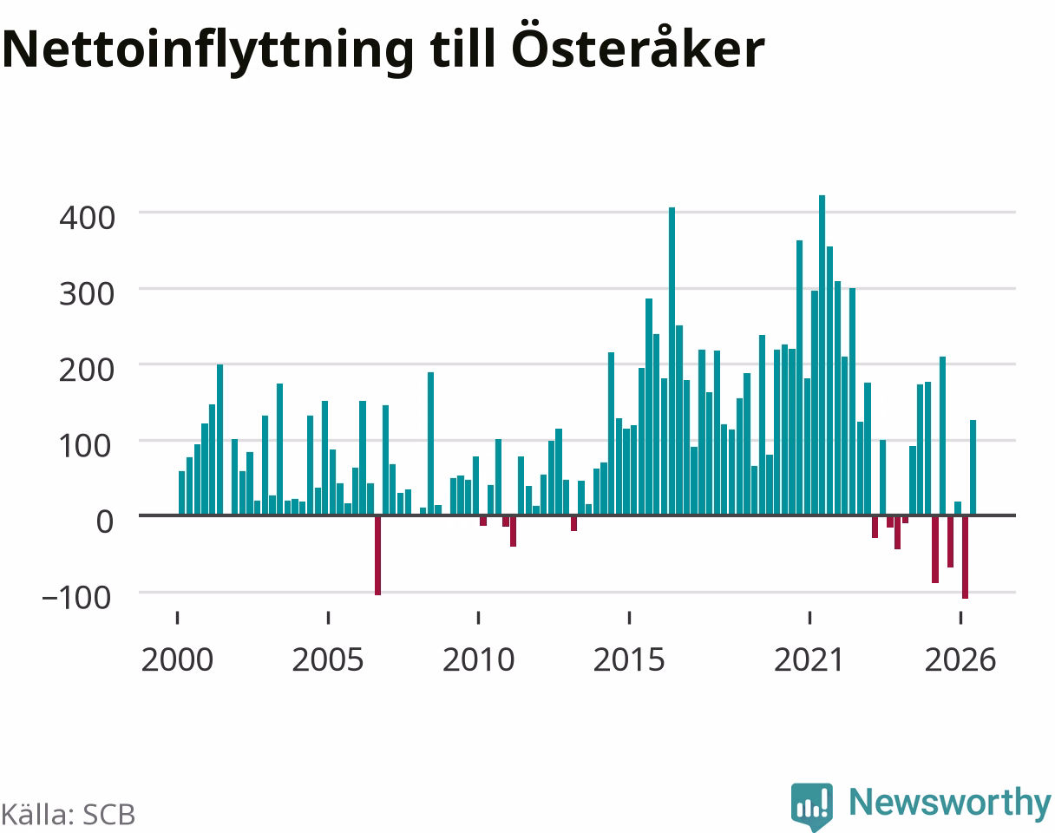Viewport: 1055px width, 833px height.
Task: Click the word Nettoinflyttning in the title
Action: (x=208, y=50)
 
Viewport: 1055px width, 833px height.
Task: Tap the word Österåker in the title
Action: (x=638, y=44)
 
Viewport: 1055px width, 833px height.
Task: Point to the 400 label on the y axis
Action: (x=88, y=218)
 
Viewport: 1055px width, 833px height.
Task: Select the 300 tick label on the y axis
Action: (x=88, y=294)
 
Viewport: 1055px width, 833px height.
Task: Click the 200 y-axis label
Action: (x=88, y=371)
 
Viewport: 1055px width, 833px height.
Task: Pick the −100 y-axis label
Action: (x=77, y=598)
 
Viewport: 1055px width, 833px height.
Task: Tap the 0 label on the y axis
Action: (x=105, y=521)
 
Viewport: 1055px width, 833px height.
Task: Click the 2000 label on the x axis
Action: (x=178, y=660)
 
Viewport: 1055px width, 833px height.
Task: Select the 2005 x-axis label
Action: (x=328, y=660)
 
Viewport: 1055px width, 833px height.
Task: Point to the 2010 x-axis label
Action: (x=478, y=660)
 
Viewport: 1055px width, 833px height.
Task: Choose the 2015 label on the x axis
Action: (x=629, y=660)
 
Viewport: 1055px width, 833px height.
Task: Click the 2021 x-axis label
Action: (x=809, y=660)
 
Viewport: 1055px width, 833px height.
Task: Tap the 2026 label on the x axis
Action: (x=960, y=660)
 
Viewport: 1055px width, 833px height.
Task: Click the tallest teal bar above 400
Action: (x=822, y=355)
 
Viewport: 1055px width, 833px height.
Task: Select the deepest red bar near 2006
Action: (x=378, y=555)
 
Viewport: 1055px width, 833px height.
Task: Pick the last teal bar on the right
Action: (x=973, y=467)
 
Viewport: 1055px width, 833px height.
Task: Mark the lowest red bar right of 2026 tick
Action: (x=966, y=557)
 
